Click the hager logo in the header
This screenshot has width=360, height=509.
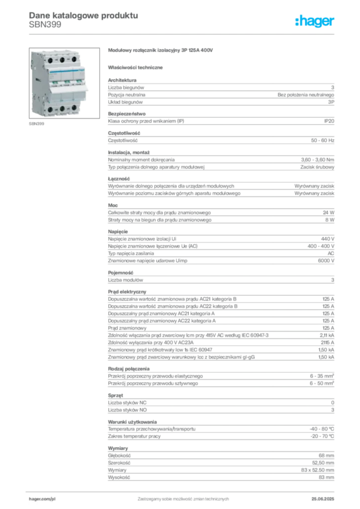pyautogui.click(x=315, y=21)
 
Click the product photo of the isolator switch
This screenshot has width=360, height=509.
pyautogui.click(x=64, y=83)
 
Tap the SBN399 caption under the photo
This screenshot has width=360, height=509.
pyautogui.click(x=36, y=124)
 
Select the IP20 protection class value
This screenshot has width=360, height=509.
pyautogui.click(x=329, y=121)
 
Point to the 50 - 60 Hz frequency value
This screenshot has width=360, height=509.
pyautogui.click(x=322, y=141)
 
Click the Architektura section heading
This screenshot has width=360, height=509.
pyautogui.click(x=122, y=80)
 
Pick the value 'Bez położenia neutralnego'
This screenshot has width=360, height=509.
pyautogui.click(x=306, y=95)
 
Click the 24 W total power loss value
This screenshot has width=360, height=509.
pyautogui.click(x=329, y=213)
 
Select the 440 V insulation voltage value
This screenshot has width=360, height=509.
pyautogui.click(x=328, y=239)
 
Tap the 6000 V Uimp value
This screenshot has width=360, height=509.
pyautogui.click(x=326, y=260)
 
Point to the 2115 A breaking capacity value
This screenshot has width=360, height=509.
pyautogui.click(x=328, y=342)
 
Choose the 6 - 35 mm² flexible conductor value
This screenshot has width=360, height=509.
pyautogui.click(x=322, y=376)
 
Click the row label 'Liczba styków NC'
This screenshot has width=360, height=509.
pyautogui.click(x=127, y=403)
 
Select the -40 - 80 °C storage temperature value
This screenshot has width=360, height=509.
pyautogui.click(x=322, y=429)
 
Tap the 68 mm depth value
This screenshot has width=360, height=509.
pyautogui.click(x=326, y=456)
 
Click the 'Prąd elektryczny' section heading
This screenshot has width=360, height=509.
pyautogui.click(x=127, y=292)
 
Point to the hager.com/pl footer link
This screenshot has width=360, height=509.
pyautogui.click(x=42, y=499)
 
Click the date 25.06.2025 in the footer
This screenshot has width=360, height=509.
pyautogui.click(x=323, y=499)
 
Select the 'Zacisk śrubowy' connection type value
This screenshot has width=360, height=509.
pyautogui.click(x=317, y=167)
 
